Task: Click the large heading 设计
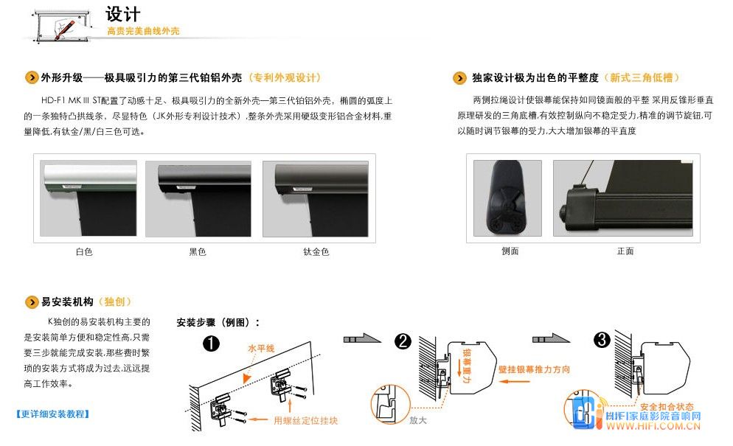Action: tap(122, 14)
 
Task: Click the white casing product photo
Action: tap(88, 198)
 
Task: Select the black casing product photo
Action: tap(198, 199)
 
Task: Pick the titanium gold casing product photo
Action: tap(316, 199)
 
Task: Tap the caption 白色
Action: tap(84, 251)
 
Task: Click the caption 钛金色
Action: tap(316, 251)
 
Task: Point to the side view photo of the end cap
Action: tap(507, 198)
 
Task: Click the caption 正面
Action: tap(625, 251)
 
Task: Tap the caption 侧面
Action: tap(510, 251)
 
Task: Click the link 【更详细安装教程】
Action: tap(53, 414)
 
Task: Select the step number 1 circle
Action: tap(212, 344)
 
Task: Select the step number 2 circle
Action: tap(403, 341)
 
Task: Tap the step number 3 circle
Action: tap(602, 339)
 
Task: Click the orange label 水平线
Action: tap(261, 348)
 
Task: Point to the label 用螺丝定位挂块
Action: tap(306, 420)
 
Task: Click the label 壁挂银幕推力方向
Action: tap(535, 369)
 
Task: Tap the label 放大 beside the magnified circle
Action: tap(418, 419)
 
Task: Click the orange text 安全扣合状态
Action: tap(667, 407)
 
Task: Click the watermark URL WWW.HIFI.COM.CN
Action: tap(653, 426)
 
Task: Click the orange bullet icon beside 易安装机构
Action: tap(31, 302)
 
